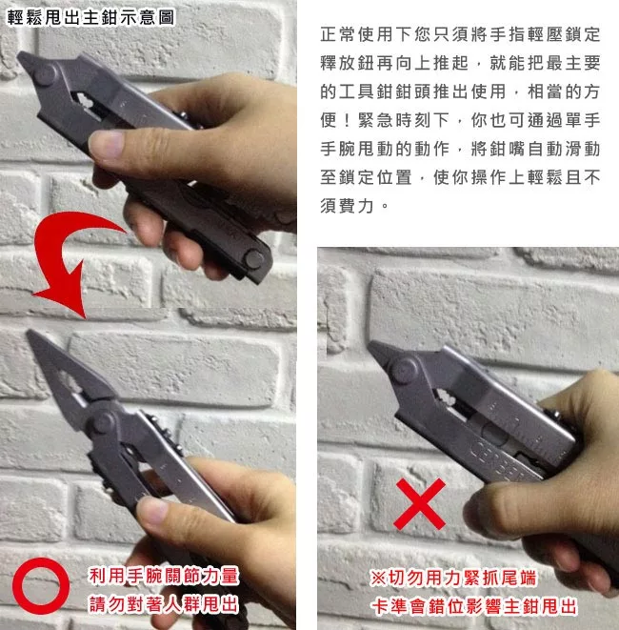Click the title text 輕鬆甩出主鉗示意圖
[x=91, y=18]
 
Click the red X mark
[x=419, y=504]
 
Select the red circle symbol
[x=41, y=586]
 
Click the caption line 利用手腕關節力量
[x=164, y=577]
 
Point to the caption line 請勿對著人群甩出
[x=164, y=604]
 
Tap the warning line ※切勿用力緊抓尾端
[x=453, y=578]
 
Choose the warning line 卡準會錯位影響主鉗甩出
[x=474, y=606]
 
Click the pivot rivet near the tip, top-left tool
[x=44, y=75]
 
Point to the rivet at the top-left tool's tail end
[x=254, y=258]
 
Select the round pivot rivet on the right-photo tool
[x=404, y=370]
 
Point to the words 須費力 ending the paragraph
[x=348, y=206]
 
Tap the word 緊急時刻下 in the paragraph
[x=404, y=120]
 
